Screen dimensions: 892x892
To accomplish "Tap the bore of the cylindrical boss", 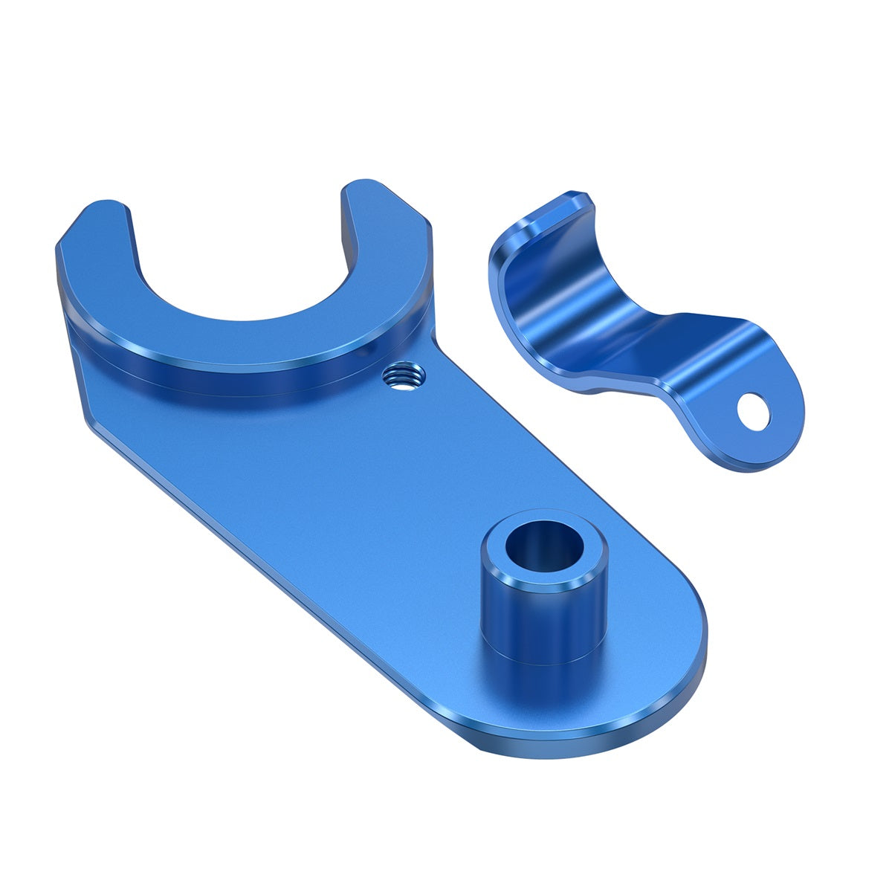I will click(543, 548).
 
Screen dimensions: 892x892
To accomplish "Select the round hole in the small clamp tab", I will click(753, 410).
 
